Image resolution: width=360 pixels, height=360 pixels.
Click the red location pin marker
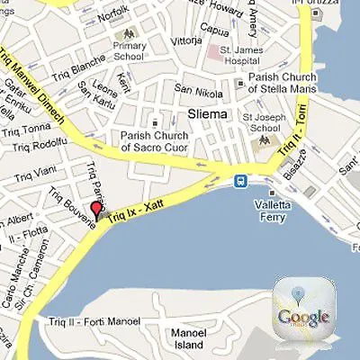96,212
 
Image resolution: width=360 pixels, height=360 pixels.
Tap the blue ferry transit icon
241,180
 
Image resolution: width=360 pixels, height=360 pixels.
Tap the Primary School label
130,52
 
